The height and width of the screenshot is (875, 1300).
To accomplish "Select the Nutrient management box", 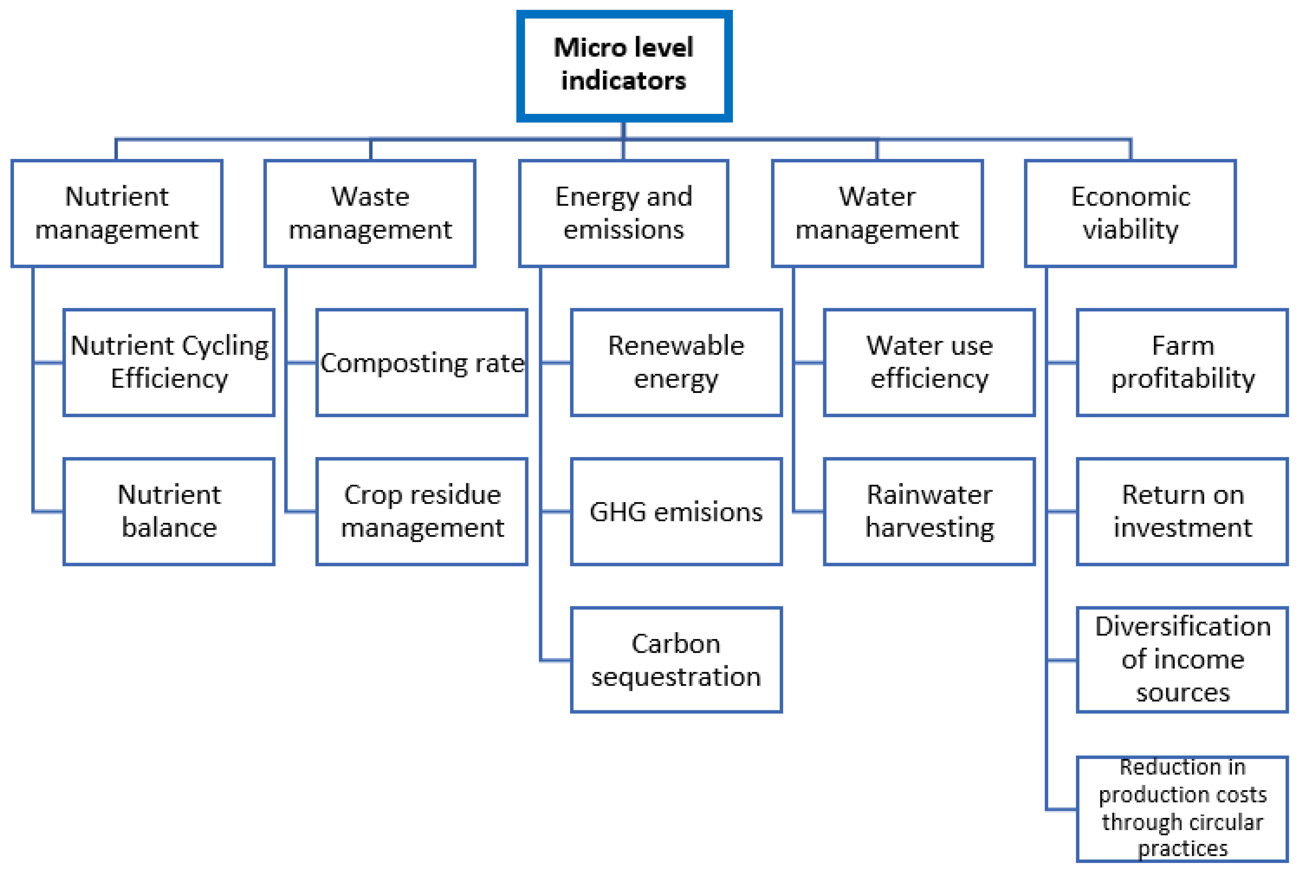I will click(117, 213).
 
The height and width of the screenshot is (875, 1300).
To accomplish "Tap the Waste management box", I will click(370, 213).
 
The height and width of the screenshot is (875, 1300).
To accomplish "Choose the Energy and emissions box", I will click(623, 213).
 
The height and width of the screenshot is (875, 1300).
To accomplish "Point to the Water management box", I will click(877, 213).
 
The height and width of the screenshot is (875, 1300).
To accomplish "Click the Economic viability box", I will click(1130, 213).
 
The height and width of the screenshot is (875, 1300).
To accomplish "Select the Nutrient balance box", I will click(169, 511).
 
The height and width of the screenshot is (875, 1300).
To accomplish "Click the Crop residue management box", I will click(422, 511).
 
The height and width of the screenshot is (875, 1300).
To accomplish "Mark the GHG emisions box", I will click(676, 511).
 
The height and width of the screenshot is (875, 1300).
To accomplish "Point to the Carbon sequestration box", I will click(676, 660).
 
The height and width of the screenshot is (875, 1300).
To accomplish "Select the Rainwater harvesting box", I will click(929, 511).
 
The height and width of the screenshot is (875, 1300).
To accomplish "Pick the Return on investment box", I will click(1182, 511).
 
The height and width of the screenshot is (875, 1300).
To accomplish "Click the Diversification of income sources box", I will click(1182, 660).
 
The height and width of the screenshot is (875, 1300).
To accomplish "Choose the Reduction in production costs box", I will click(1182, 809).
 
